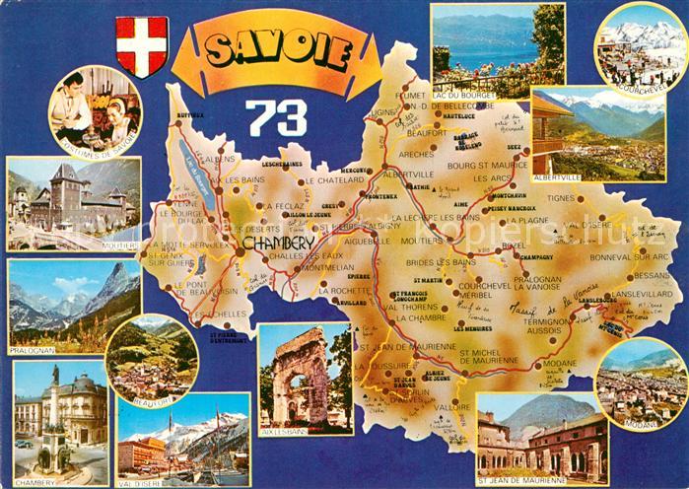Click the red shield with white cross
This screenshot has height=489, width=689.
coord(142,45)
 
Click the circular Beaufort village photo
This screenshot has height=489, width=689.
coord(151,358)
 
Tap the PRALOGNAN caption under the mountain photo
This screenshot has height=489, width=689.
coord(34,349)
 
